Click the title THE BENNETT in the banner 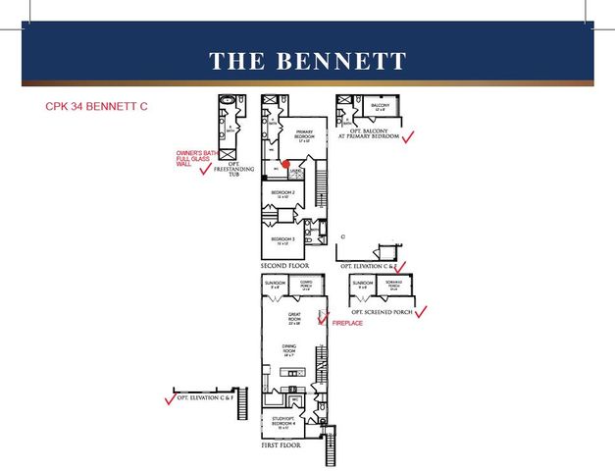click(x=307, y=61)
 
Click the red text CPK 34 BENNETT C click(x=96, y=104)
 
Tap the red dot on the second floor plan click(x=283, y=164)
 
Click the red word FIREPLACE click(x=347, y=323)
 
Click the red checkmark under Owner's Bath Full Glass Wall click(x=205, y=169)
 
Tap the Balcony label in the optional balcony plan click(x=381, y=107)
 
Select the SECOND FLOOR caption click(x=284, y=266)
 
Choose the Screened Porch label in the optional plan click(x=393, y=287)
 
